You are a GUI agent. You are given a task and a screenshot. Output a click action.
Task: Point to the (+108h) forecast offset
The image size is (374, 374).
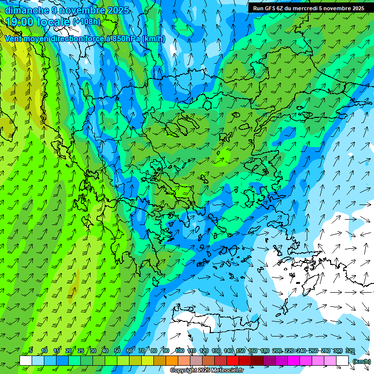coord(86,22)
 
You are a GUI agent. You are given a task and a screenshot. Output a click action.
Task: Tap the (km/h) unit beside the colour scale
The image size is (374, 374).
coord(361,361)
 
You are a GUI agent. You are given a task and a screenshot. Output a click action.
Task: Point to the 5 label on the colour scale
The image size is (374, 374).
coord(31,351)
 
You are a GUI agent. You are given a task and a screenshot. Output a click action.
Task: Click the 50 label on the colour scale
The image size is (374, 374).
coord(117,351)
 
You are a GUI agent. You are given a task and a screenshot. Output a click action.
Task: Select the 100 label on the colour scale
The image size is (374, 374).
coord(179,351)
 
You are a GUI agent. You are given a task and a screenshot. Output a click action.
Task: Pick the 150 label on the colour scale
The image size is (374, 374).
coord(240,351)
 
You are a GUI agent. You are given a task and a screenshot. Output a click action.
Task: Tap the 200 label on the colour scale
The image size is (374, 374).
coord(277,351)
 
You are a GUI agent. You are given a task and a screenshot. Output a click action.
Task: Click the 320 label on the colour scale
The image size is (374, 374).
coord(350,351)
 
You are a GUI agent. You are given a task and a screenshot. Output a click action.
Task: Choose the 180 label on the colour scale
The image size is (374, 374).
coord(264,351)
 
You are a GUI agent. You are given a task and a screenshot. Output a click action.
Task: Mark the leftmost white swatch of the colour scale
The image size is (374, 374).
coord(26,361)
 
